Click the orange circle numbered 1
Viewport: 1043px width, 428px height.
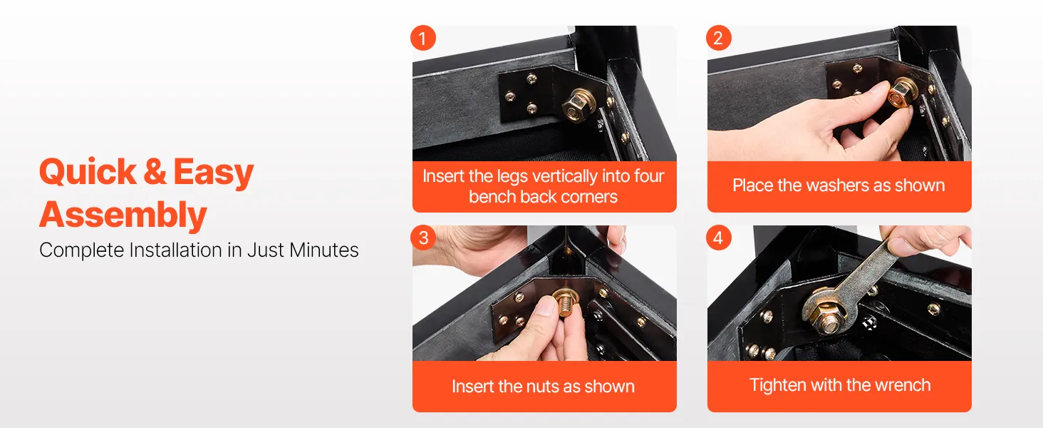[422, 38]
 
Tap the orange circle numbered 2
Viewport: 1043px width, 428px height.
[718, 38]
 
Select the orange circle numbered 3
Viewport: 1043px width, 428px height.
[422, 238]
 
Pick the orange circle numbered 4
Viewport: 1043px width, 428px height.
[718, 238]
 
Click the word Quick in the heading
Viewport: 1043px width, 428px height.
[88, 172]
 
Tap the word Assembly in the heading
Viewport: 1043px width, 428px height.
[123, 215]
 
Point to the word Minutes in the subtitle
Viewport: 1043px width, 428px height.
[323, 250]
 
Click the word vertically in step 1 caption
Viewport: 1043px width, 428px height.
[565, 176]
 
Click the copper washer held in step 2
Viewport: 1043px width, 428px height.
[897, 96]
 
